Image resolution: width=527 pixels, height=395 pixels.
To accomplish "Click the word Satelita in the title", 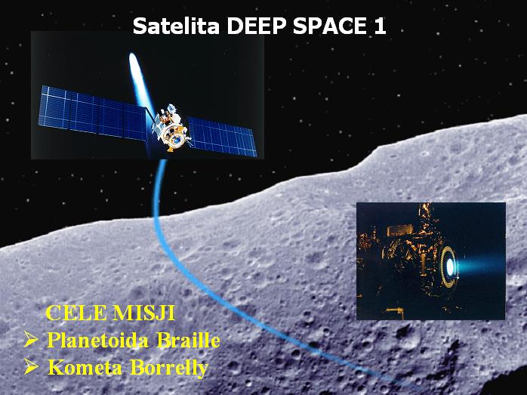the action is tap(176, 26).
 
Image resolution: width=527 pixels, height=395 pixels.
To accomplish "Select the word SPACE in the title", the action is tap(329, 26).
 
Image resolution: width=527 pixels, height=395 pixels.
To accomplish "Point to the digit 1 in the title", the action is tap(380, 26).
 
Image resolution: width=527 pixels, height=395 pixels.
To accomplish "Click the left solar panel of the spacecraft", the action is tap(93, 113).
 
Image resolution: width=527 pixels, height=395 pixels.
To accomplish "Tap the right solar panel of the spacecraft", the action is tap(222, 137).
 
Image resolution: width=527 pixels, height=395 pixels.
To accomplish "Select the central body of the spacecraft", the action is tap(171, 128).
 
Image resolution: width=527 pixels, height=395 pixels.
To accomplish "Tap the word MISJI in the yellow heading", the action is tap(144, 313).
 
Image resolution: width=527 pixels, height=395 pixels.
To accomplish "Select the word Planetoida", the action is tap(97, 340).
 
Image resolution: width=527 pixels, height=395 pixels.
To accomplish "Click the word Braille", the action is tap(189, 340).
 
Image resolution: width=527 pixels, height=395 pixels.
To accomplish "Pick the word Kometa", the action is tap(85, 368).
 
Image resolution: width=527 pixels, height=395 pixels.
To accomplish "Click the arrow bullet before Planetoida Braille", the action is tap(31, 340).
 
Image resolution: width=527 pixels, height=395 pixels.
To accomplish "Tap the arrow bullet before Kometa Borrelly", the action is tap(31, 366).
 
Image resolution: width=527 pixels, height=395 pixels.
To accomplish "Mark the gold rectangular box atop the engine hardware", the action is tap(400, 230).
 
